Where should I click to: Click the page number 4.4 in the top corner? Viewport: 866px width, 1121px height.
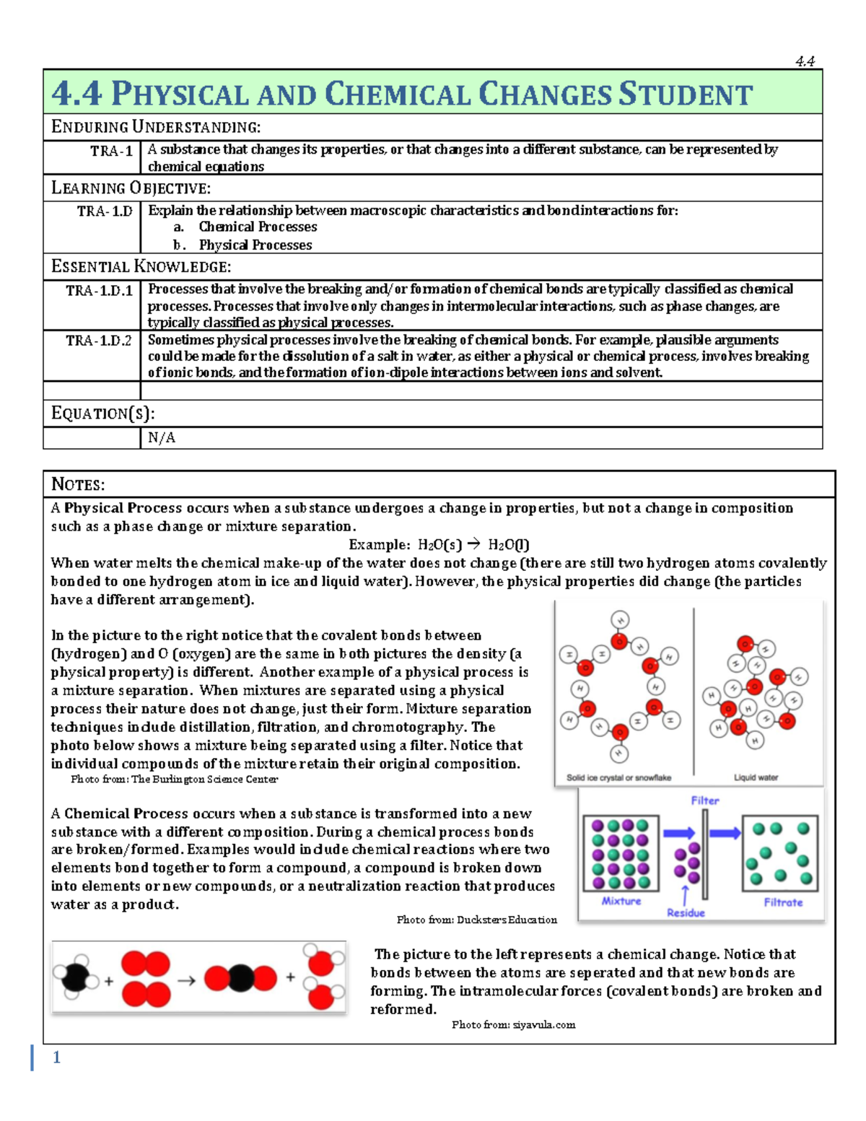[805, 61]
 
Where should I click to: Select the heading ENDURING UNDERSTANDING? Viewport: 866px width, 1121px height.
[156, 128]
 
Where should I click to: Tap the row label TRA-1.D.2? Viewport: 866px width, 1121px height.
[99, 341]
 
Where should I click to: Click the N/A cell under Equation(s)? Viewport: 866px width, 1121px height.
[162, 437]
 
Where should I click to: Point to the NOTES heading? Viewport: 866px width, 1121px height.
[78, 484]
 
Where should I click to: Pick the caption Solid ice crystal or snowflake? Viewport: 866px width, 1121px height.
[618, 777]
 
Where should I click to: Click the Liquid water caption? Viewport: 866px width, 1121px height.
[756, 777]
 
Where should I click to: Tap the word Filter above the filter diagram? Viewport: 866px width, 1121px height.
[704, 801]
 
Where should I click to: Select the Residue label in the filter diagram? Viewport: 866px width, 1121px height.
[686, 913]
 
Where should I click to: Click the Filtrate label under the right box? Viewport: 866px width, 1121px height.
[783, 902]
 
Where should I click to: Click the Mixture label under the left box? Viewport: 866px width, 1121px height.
[621, 902]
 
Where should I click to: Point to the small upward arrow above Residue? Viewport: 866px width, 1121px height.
[685, 894]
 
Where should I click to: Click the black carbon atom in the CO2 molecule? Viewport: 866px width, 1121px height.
[241, 978]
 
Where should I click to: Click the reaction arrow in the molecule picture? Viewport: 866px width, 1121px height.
[186, 981]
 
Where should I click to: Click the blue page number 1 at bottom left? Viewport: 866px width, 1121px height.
[56, 1057]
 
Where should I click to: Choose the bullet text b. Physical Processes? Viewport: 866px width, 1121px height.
[242, 245]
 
